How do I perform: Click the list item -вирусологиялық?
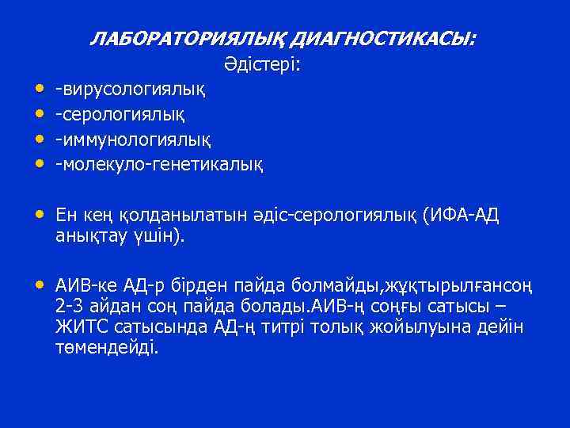(x=131, y=89)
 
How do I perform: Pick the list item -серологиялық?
(x=120, y=114)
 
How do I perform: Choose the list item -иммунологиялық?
(x=132, y=139)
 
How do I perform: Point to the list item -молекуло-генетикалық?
(x=158, y=165)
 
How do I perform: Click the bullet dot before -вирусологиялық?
(x=39, y=89)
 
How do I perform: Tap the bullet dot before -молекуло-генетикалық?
(x=39, y=165)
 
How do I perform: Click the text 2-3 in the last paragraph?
(x=69, y=307)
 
